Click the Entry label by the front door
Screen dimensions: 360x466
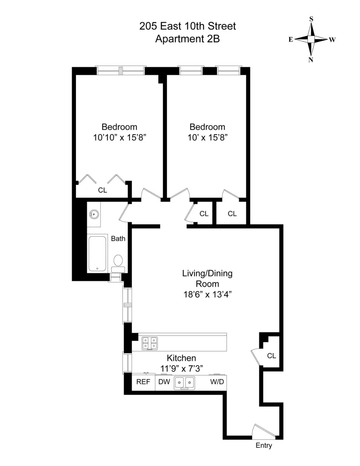(x=264, y=445)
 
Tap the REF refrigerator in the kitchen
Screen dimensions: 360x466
(x=143, y=382)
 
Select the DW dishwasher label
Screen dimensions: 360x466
(x=164, y=382)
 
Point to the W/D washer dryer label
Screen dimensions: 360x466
(x=217, y=382)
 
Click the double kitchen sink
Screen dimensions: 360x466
(x=184, y=383)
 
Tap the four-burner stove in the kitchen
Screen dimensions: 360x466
(x=149, y=343)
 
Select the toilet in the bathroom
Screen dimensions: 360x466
(x=118, y=264)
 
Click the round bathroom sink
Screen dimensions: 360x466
(x=94, y=214)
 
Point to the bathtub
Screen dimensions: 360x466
(x=97, y=254)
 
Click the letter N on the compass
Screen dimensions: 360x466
(x=311, y=60)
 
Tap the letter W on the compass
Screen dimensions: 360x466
(x=332, y=40)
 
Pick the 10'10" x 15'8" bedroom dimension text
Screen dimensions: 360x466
(x=120, y=138)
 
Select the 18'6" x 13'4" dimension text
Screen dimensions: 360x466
(x=207, y=295)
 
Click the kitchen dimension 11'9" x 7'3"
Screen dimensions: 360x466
(x=181, y=369)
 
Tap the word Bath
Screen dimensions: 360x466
(x=118, y=238)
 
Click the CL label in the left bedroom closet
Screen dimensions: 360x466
(x=103, y=190)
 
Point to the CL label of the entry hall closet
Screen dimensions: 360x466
(x=271, y=356)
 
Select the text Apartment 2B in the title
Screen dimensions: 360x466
(x=188, y=39)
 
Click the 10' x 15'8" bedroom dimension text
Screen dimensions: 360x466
(x=207, y=138)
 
